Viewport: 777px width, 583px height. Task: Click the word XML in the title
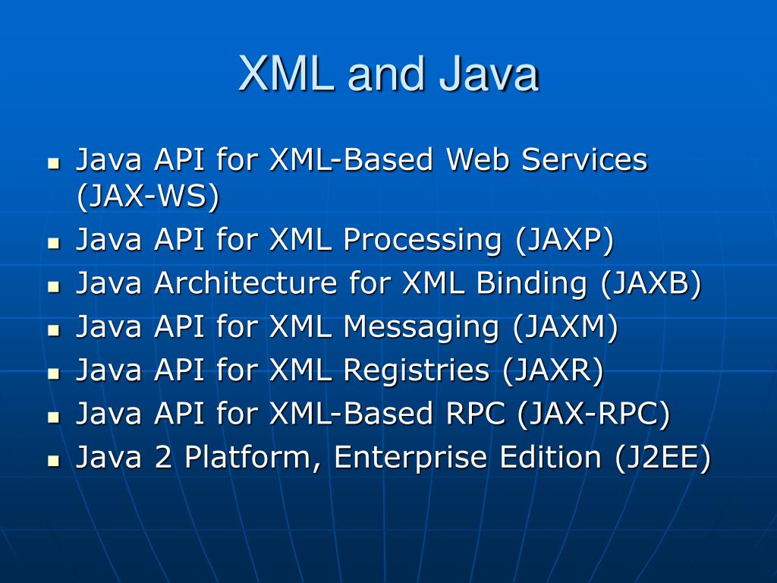[x=286, y=74]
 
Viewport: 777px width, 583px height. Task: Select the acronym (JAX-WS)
[x=147, y=197]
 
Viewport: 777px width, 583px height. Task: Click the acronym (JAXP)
[x=564, y=240]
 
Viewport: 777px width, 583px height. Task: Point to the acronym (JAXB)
[x=651, y=283]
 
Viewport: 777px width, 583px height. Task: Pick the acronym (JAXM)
[x=565, y=327]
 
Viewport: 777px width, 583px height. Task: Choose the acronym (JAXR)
[x=552, y=370]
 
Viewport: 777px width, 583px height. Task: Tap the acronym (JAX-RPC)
[x=593, y=414]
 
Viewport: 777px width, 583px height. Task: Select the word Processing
[x=422, y=240]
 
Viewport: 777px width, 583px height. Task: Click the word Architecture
[x=245, y=283]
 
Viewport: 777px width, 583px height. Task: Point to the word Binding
[x=531, y=283]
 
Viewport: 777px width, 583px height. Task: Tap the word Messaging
[x=421, y=327]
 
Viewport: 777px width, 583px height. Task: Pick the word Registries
[x=416, y=370]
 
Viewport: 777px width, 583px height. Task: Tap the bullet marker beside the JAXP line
[x=53, y=243]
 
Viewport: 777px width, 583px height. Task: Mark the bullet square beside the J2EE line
[x=53, y=461]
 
